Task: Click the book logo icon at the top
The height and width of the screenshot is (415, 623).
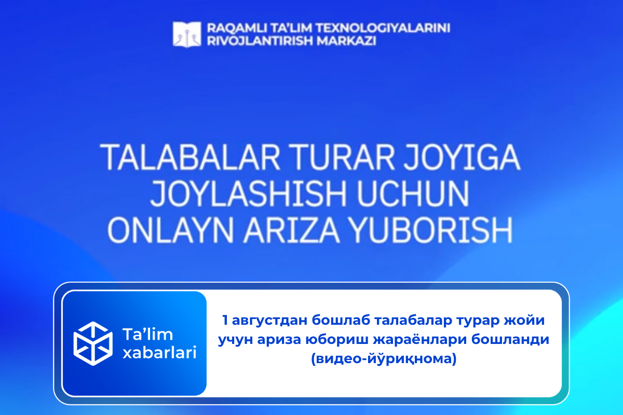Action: tap(186, 34)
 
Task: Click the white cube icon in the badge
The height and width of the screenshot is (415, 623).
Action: tap(93, 342)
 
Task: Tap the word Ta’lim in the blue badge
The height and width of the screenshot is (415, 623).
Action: tap(146, 334)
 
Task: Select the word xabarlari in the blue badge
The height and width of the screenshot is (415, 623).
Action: tap(158, 353)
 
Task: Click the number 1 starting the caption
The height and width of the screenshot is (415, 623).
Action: tap(225, 321)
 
